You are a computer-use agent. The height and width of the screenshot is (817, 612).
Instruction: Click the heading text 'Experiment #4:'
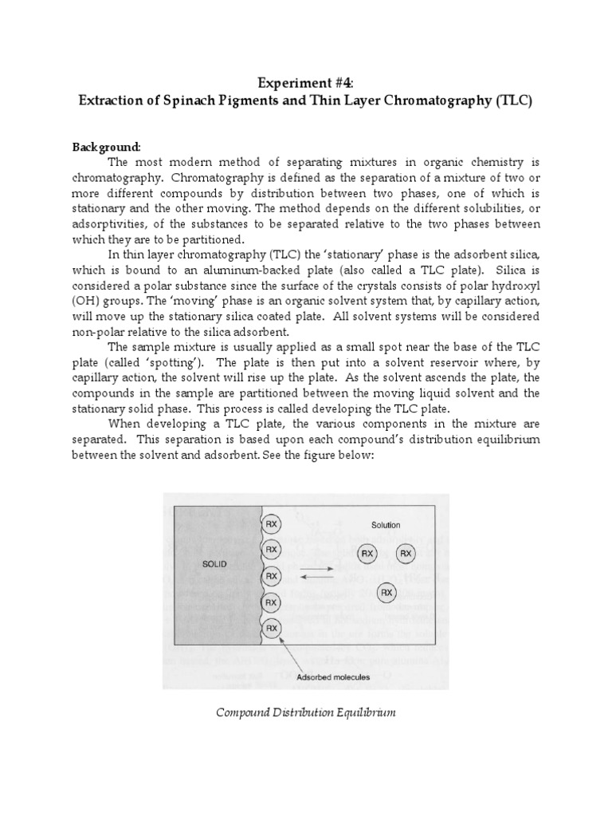[x=306, y=84]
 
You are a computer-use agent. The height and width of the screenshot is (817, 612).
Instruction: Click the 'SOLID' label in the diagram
[x=215, y=563]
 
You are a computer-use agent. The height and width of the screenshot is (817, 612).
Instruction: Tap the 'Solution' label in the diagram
[x=386, y=525]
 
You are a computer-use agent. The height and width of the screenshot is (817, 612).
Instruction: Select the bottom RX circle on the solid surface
[x=271, y=628]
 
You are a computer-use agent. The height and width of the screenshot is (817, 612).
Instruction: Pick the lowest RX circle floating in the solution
[x=386, y=592]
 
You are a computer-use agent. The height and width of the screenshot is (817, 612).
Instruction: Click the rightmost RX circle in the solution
[x=406, y=553]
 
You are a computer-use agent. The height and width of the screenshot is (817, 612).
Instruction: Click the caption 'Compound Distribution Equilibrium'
[x=306, y=712]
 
